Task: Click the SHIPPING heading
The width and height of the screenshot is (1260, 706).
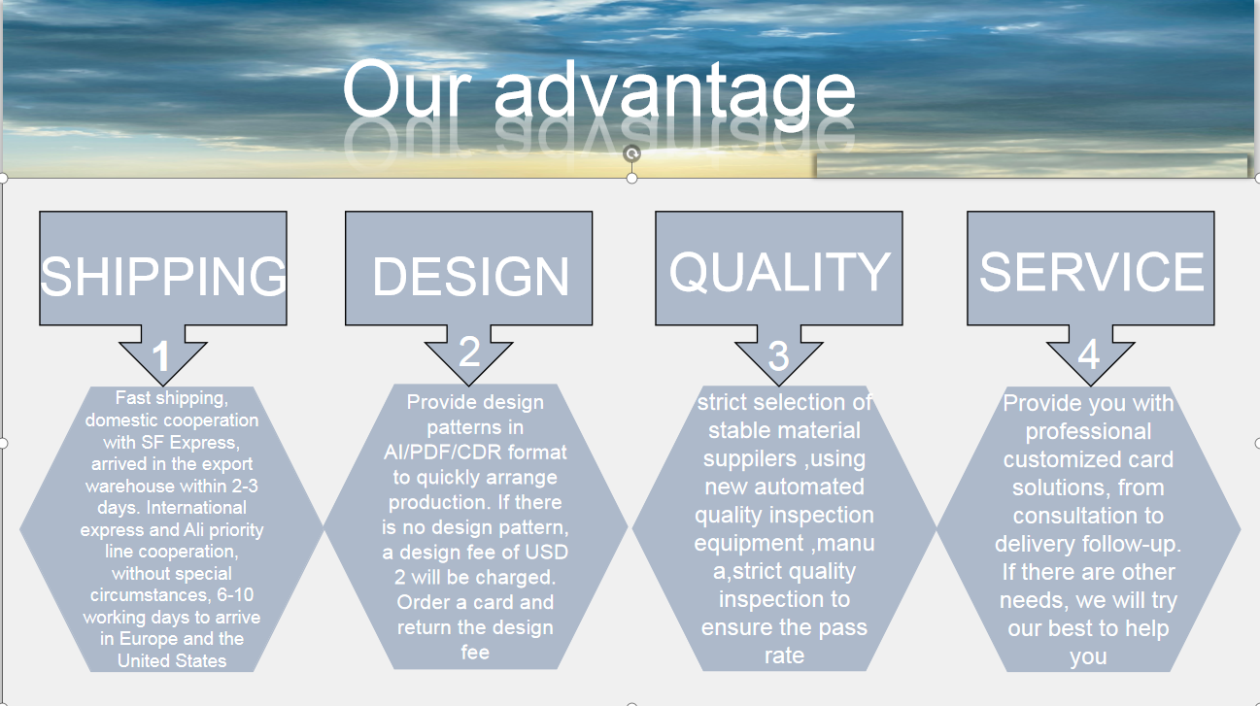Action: tap(163, 276)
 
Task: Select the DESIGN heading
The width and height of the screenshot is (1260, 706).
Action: tap(470, 276)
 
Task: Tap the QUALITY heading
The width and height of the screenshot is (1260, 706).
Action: tap(780, 272)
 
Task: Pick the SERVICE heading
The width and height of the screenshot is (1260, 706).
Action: tap(1091, 272)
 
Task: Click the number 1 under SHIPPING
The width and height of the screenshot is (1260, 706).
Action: tap(161, 356)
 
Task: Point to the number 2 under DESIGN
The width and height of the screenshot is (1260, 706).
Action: tap(469, 352)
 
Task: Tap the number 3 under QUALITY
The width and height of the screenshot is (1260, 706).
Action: tap(778, 355)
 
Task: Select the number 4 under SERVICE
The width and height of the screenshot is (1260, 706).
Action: tap(1089, 354)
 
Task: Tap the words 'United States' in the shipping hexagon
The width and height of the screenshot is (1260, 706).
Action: tap(172, 660)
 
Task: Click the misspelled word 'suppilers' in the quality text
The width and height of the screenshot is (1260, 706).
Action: tap(750, 458)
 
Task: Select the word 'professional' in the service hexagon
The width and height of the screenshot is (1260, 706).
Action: tap(1088, 432)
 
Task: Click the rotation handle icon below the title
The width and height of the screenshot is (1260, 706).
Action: tap(631, 153)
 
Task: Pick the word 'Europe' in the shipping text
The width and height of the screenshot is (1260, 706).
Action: tap(149, 639)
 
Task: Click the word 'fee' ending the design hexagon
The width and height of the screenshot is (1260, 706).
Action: tap(475, 652)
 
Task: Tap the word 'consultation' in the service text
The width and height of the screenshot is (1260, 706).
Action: tap(1088, 516)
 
